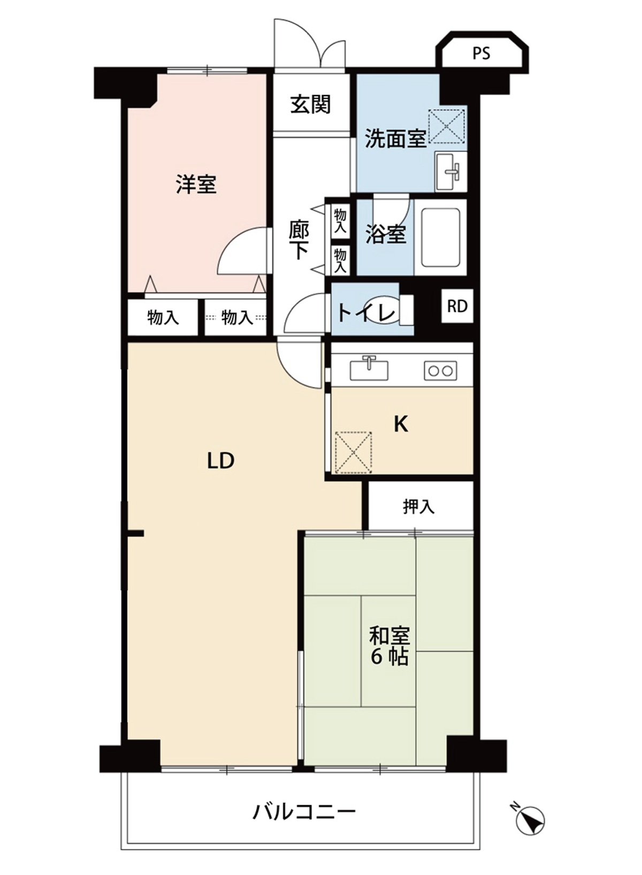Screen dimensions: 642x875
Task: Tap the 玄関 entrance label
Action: [x=311, y=104]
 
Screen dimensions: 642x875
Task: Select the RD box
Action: [x=457, y=306]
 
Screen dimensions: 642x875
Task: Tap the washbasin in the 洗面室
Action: [x=451, y=171]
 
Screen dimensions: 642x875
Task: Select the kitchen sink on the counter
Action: [x=369, y=369]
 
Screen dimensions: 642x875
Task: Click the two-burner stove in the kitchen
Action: [x=440, y=370]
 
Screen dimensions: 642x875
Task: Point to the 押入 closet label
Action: [x=418, y=506]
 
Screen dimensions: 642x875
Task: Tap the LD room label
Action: [x=220, y=461]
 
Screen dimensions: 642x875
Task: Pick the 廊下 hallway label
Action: [x=299, y=240]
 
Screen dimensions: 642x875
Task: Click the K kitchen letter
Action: [x=401, y=424]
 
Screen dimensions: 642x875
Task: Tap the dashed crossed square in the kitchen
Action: [x=353, y=452]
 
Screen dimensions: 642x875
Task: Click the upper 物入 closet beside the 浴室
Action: [x=340, y=220]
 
